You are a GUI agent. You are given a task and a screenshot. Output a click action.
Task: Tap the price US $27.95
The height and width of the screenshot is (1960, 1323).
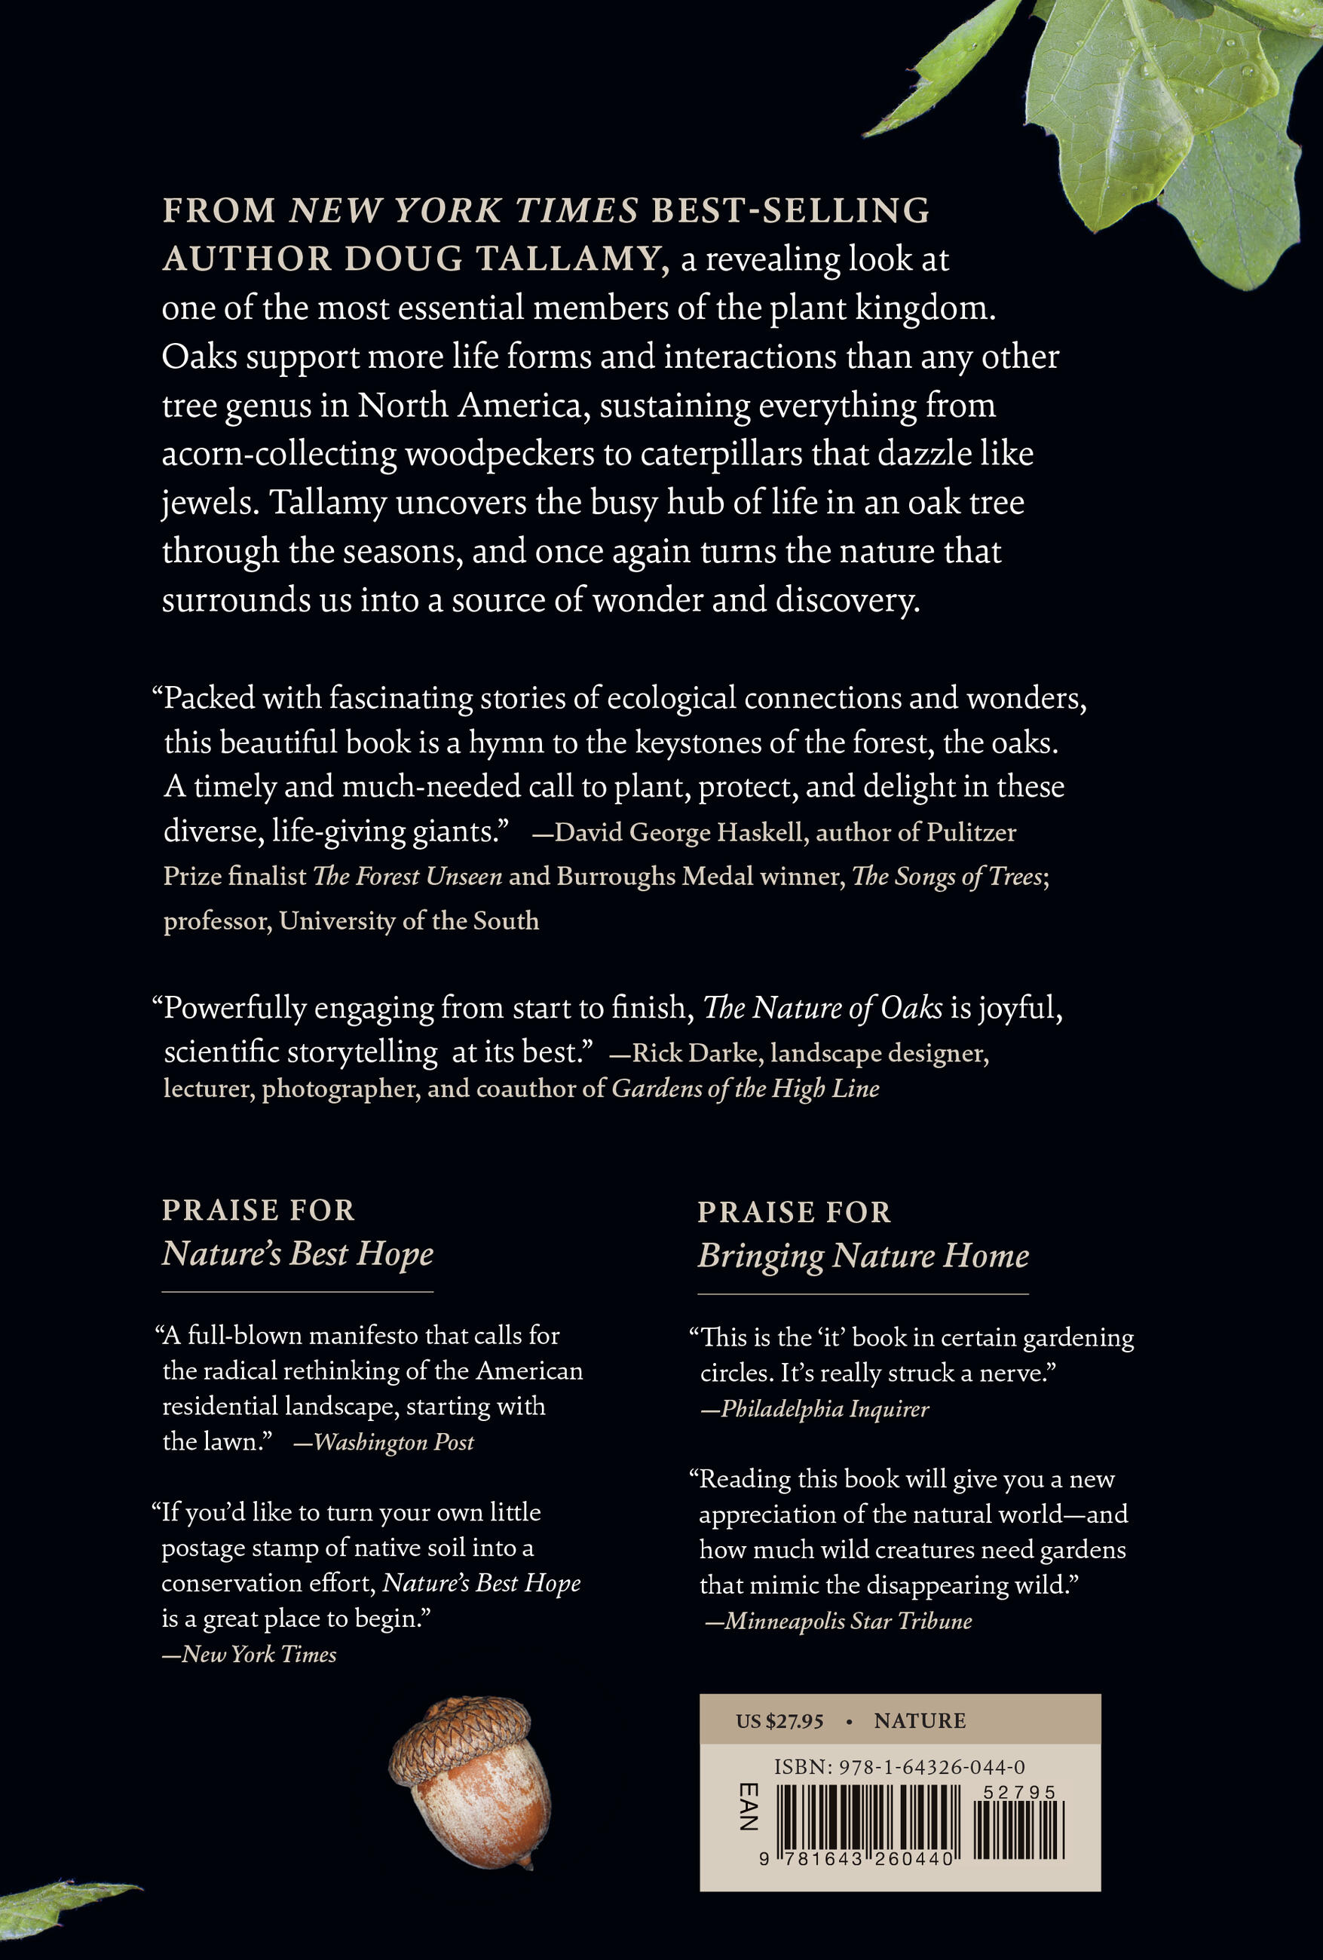point(779,1721)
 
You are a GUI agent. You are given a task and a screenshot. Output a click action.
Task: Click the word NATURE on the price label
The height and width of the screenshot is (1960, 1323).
point(919,1721)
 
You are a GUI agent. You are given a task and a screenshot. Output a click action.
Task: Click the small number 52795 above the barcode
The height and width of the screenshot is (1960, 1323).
point(1024,1793)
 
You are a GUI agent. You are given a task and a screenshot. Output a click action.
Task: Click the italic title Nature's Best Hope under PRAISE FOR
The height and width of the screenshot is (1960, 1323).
point(298,1254)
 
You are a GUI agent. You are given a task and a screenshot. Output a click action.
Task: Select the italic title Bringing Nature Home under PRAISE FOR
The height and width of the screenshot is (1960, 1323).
point(862,1256)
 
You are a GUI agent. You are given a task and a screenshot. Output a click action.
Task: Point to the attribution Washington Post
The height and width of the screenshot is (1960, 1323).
point(394,1442)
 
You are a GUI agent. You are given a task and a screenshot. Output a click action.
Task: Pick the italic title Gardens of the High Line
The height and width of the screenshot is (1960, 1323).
point(746,1089)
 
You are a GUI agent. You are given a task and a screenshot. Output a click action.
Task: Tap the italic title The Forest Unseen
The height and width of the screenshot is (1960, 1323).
point(407,876)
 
